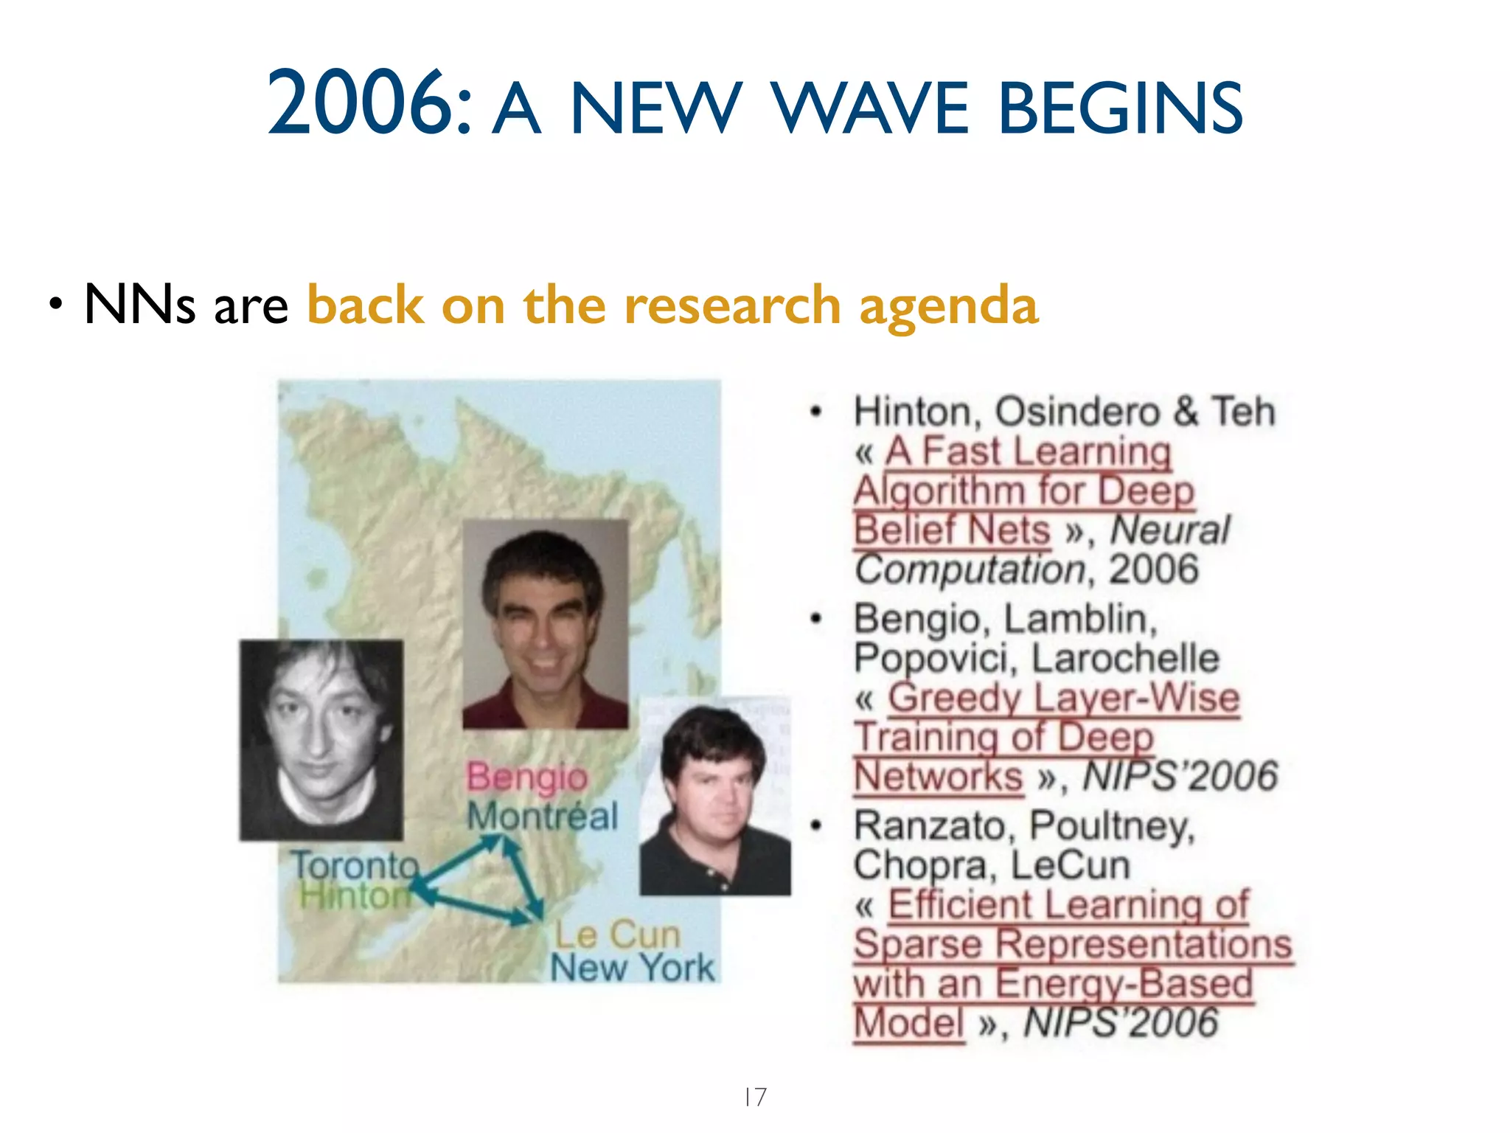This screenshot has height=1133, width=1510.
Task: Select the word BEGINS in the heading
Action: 1121,109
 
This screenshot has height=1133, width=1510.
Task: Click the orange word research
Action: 732,305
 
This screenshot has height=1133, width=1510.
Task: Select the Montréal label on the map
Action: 542,817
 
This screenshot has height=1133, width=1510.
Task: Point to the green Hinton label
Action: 354,896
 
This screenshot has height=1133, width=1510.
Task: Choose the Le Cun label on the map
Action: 617,935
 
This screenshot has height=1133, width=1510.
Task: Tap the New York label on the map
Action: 633,968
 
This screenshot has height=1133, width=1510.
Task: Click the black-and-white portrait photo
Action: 321,740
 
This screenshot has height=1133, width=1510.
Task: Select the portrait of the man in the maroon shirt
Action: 546,624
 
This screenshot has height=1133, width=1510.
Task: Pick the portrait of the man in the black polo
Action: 714,797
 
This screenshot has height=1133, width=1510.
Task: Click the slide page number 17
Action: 755,1097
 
